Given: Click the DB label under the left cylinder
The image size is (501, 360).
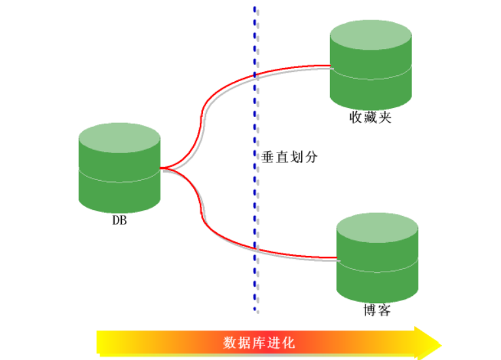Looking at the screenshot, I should [x=119, y=221].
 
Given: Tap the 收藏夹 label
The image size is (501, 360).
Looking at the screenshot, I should [x=370, y=118].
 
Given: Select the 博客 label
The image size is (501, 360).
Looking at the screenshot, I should [x=377, y=310].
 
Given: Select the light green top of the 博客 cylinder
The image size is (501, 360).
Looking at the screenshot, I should [x=377, y=226].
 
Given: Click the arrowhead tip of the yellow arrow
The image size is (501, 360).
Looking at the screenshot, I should [x=440, y=342].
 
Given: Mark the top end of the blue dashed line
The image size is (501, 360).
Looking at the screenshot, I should [x=255, y=8].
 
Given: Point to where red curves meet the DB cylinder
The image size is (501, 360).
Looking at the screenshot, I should [x=161, y=168].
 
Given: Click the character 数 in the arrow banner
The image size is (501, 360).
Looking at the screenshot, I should [x=230, y=342].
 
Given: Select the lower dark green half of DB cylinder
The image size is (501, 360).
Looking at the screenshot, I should [x=119, y=194].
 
